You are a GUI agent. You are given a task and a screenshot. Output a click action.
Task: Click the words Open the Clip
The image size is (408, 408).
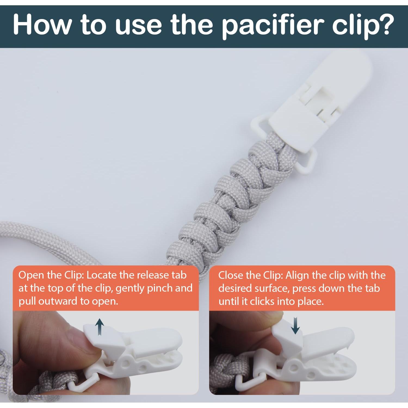pos(51,275)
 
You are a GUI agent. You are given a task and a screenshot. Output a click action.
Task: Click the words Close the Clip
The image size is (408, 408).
pos(250,275)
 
